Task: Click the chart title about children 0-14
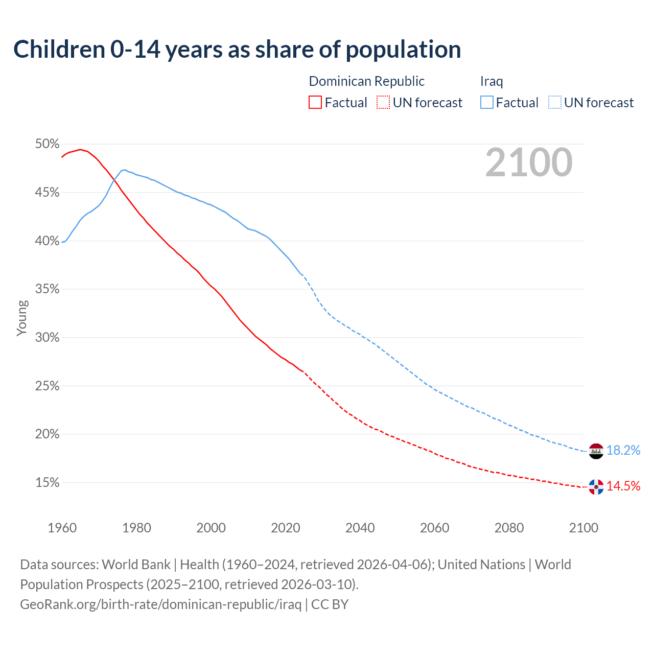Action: tap(237, 50)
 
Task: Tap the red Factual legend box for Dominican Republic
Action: tap(315, 103)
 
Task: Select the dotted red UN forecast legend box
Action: tap(383, 103)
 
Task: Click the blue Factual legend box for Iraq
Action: tap(487, 103)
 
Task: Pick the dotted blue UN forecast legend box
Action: tap(554, 103)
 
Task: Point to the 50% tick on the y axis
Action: tap(48, 144)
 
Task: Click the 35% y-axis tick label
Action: tap(48, 289)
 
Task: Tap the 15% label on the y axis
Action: tap(48, 483)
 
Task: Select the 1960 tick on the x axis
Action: tap(62, 528)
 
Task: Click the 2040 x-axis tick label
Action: tap(360, 528)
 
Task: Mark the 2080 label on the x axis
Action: tap(509, 528)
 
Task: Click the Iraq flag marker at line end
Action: tap(596, 451)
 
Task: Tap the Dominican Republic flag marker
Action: tap(596, 486)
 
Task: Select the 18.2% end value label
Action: tap(623, 450)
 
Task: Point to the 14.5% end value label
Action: tap(623, 486)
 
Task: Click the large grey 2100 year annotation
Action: tap(529, 162)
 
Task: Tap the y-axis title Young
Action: tap(22, 318)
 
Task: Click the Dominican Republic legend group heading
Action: tap(367, 81)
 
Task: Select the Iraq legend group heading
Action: tap(492, 81)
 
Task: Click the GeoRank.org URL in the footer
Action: tap(161, 604)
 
